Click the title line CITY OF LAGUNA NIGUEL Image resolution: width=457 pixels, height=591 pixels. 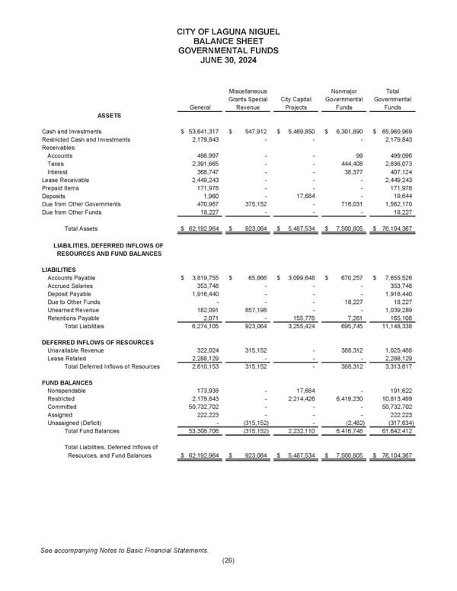coord(228,31)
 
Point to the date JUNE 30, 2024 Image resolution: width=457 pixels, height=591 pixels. coord(228,61)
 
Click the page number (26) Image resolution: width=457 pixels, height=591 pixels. coord(228,561)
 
